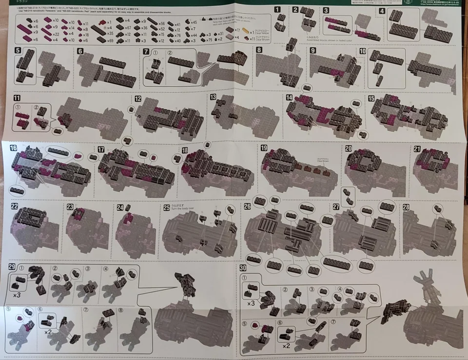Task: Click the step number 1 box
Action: pyautogui.click(x=277, y=9)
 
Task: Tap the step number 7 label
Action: pyautogui.click(x=146, y=51)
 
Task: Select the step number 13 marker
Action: pyautogui.click(x=213, y=97)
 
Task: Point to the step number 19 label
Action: pyautogui.click(x=264, y=148)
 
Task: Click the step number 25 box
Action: pyautogui.click(x=167, y=207)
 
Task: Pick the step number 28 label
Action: pyautogui.click(x=406, y=206)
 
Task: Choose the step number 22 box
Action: pyautogui.click(x=14, y=207)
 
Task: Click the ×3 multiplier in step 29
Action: pyautogui.click(x=17, y=295)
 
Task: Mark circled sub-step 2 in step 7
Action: pyautogui.click(x=170, y=53)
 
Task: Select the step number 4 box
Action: pyautogui.click(x=382, y=11)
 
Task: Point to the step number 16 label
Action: pyautogui.click(x=13, y=148)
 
